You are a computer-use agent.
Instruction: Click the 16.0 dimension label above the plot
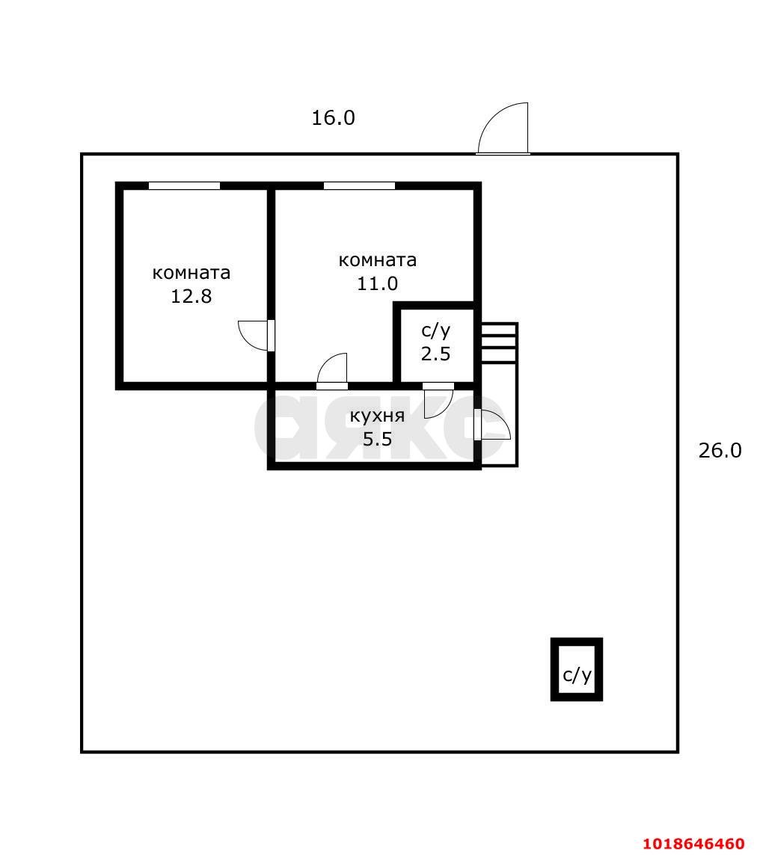pyautogui.click(x=334, y=118)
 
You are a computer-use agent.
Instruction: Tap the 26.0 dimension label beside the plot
pyautogui.click(x=720, y=450)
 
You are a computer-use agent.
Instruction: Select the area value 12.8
pyautogui.click(x=191, y=297)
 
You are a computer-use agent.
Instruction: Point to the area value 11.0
pyautogui.click(x=378, y=284)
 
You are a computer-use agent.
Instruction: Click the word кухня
pyautogui.click(x=378, y=416)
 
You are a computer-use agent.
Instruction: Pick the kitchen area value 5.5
pyautogui.click(x=378, y=439)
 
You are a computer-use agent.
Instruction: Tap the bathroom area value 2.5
pyautogui.click(x=435, y=354)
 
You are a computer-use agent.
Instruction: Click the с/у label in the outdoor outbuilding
pyautogui.click(x=577, y=676)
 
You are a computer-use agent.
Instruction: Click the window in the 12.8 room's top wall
pyautogui.click(x=184, y=185)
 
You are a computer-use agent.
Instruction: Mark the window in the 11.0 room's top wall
pyautogui.click(x=359, y=185)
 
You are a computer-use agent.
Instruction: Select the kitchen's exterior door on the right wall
pyautogui.click(x=492, y=425)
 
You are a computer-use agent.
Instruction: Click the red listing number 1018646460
pyautogui.click(x=693, y=843)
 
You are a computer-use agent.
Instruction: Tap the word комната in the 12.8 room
pyautogui.click(x=191, y=273)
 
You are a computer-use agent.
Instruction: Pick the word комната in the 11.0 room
pyautogui.click(x=378, y=260)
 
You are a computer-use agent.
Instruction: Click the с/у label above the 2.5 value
pyautogui.click(x=435, y=331)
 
